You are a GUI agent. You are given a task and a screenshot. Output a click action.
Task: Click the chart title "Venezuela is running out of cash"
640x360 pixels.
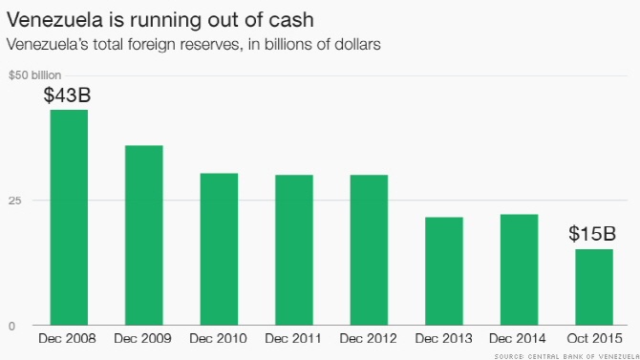160,20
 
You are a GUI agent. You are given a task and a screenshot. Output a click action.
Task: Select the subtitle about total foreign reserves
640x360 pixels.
194,44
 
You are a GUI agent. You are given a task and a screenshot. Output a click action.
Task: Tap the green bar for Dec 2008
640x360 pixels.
69,218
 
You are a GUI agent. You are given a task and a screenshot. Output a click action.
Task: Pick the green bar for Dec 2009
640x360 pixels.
144,235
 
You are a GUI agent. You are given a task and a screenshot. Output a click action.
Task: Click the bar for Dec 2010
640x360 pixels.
219,249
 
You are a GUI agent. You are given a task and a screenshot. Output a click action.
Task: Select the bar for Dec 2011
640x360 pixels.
294,250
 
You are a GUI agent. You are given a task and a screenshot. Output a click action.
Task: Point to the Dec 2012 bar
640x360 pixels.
369,250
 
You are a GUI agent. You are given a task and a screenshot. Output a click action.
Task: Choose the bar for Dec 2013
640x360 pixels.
444,271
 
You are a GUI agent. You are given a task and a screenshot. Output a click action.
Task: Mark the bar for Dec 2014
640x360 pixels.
520,270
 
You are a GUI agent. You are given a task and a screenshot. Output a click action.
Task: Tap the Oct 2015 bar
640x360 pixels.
594,287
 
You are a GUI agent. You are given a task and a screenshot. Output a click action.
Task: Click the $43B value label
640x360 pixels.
68,95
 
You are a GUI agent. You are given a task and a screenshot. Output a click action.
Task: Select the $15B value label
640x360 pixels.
592,233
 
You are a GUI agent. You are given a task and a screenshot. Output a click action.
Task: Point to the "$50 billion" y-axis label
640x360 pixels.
34,75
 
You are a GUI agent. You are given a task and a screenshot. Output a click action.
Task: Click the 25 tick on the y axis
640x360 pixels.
14,201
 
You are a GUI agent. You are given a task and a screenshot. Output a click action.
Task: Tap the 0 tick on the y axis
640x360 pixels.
11,327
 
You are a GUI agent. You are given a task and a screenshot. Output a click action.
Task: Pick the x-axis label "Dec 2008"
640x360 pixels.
68,338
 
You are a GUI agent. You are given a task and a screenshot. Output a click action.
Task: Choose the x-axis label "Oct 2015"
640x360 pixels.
595,338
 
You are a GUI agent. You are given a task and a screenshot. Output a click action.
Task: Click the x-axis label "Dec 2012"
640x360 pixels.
368,338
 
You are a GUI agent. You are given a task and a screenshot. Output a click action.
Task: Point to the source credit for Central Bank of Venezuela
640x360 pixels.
567,357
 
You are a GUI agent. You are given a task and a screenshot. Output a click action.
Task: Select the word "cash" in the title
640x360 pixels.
292,20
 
